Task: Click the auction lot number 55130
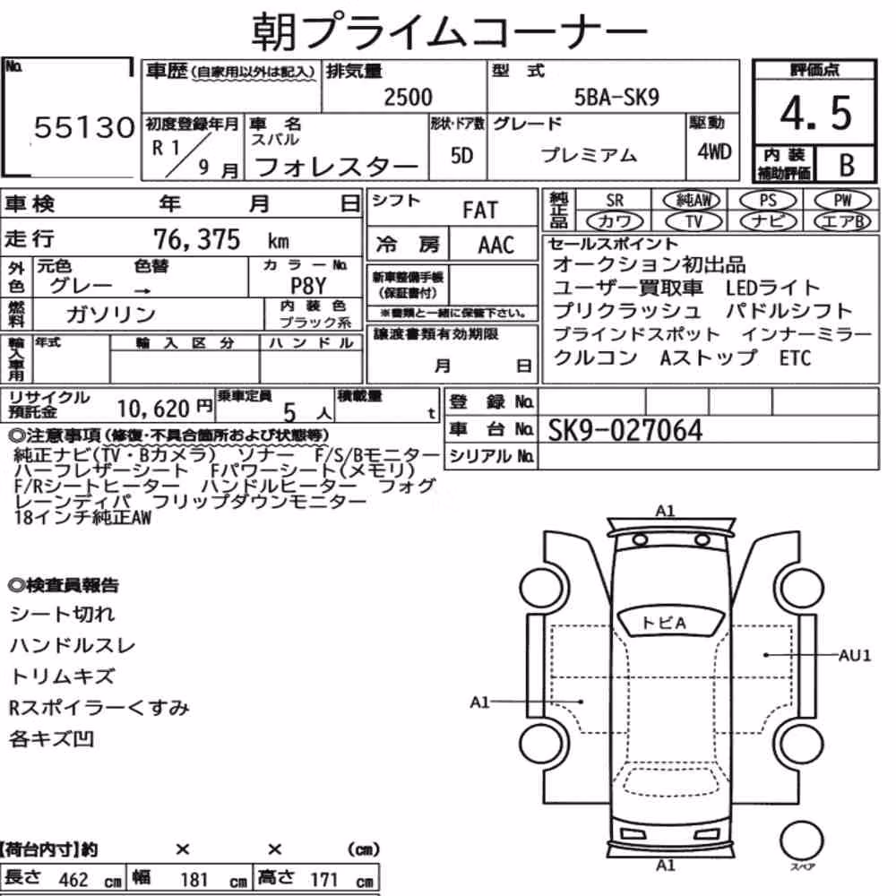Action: click(84, 127)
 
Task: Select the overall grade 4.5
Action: click(815, 113)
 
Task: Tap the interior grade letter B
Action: click(847, 165)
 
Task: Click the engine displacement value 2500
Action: click(408, 97)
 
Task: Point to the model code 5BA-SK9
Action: click(616, 97)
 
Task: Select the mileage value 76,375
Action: click(196, 239)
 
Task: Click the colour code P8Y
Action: click(308, 285)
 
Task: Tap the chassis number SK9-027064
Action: click(625, 430)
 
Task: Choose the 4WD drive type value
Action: click(714, 152)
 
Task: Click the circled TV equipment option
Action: click(694, 221)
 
